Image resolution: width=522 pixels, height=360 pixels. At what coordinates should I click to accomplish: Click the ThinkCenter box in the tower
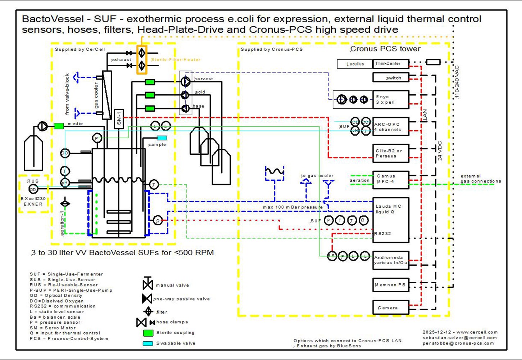391,64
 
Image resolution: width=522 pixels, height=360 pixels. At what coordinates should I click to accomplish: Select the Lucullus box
355,64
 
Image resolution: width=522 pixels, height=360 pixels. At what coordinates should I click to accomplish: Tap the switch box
391,77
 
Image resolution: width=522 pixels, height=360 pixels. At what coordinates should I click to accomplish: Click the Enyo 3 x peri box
391,99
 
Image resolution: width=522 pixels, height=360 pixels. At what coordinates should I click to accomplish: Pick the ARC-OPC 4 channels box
391,127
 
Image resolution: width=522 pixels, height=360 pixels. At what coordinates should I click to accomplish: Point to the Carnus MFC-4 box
391,179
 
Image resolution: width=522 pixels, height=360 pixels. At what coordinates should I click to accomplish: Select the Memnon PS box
391,285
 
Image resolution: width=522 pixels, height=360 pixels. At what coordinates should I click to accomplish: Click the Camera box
391,307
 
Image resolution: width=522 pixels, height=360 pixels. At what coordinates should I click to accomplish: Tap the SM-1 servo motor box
119,119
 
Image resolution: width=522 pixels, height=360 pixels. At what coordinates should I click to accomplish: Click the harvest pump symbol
185,82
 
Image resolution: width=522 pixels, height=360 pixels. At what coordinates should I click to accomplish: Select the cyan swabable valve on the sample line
162,138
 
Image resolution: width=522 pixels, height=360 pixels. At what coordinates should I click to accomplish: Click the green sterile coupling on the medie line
59,126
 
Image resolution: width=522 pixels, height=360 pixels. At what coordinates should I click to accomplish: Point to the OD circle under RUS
33,189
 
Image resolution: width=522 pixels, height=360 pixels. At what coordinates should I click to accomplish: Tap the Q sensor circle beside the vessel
158,220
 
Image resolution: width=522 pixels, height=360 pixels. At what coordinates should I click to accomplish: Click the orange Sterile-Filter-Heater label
176,60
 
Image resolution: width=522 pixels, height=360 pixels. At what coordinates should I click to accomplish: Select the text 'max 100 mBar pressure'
293,207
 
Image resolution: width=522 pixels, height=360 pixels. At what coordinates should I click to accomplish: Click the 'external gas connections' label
481,179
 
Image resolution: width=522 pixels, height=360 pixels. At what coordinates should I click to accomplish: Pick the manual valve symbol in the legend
148,284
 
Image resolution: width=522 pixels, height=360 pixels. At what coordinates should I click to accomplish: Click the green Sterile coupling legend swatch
148,333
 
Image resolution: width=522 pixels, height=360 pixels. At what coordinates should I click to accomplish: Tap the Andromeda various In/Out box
391,260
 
